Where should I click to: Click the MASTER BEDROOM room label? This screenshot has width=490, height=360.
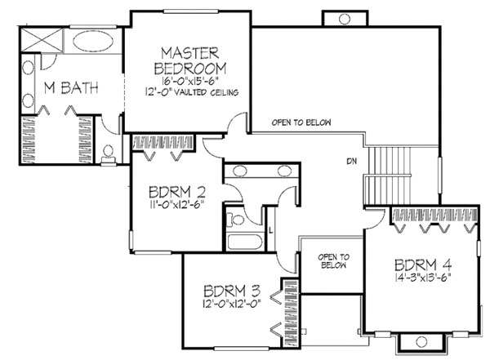(190, 61)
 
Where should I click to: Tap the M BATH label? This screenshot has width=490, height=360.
(71, 88)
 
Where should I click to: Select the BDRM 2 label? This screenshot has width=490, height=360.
(177, 192)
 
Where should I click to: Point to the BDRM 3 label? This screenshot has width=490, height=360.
(232, 291)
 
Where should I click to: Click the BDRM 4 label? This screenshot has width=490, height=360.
(423, 265)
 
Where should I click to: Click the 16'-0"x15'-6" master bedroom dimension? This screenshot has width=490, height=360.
(189, 81)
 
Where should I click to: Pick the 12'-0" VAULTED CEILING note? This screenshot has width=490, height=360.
(192, 92)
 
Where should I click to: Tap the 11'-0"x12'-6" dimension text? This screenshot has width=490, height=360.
(176, 205)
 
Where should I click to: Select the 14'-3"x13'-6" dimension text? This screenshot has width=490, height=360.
(423, 278)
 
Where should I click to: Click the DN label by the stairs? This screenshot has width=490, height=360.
(351, 162)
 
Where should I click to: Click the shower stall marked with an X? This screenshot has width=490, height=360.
(42, 39)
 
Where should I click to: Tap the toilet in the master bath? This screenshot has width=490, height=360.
(108, 154)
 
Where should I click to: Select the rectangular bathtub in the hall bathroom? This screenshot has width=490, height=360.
(245, 242)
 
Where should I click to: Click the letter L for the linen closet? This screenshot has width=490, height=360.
(270, 232)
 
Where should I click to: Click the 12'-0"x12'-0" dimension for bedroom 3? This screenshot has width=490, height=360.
(232, 304)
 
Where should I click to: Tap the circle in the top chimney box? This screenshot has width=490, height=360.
(345, 19)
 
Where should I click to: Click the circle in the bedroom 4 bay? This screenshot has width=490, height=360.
(421, 341)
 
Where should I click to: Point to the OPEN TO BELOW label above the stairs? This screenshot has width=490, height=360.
(301, 122)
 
